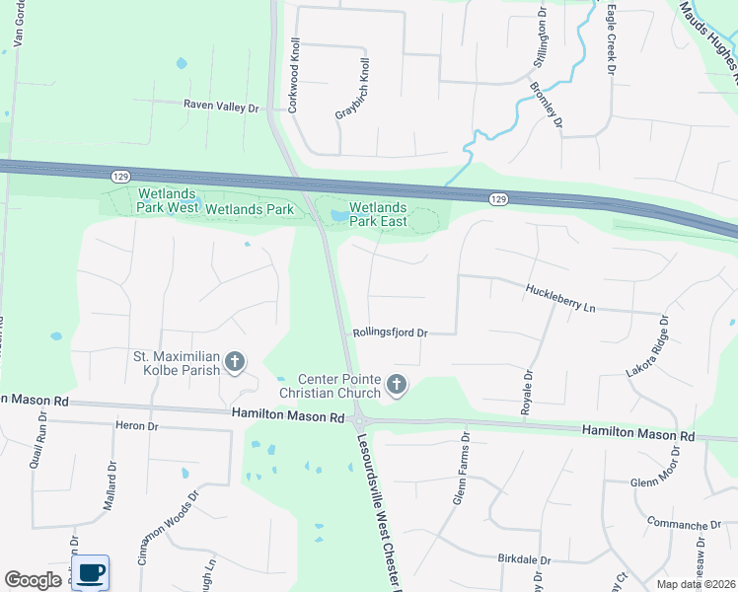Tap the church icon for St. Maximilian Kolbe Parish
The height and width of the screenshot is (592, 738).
235,362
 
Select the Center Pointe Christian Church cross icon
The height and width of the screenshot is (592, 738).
397,384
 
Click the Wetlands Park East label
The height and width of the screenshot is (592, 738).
378,214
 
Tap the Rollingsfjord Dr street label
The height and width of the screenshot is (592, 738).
390,333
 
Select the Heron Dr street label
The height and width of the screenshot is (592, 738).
137,425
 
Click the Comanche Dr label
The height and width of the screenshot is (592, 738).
686,524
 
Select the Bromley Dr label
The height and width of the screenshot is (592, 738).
546,105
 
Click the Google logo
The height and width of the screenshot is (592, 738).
34,580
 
